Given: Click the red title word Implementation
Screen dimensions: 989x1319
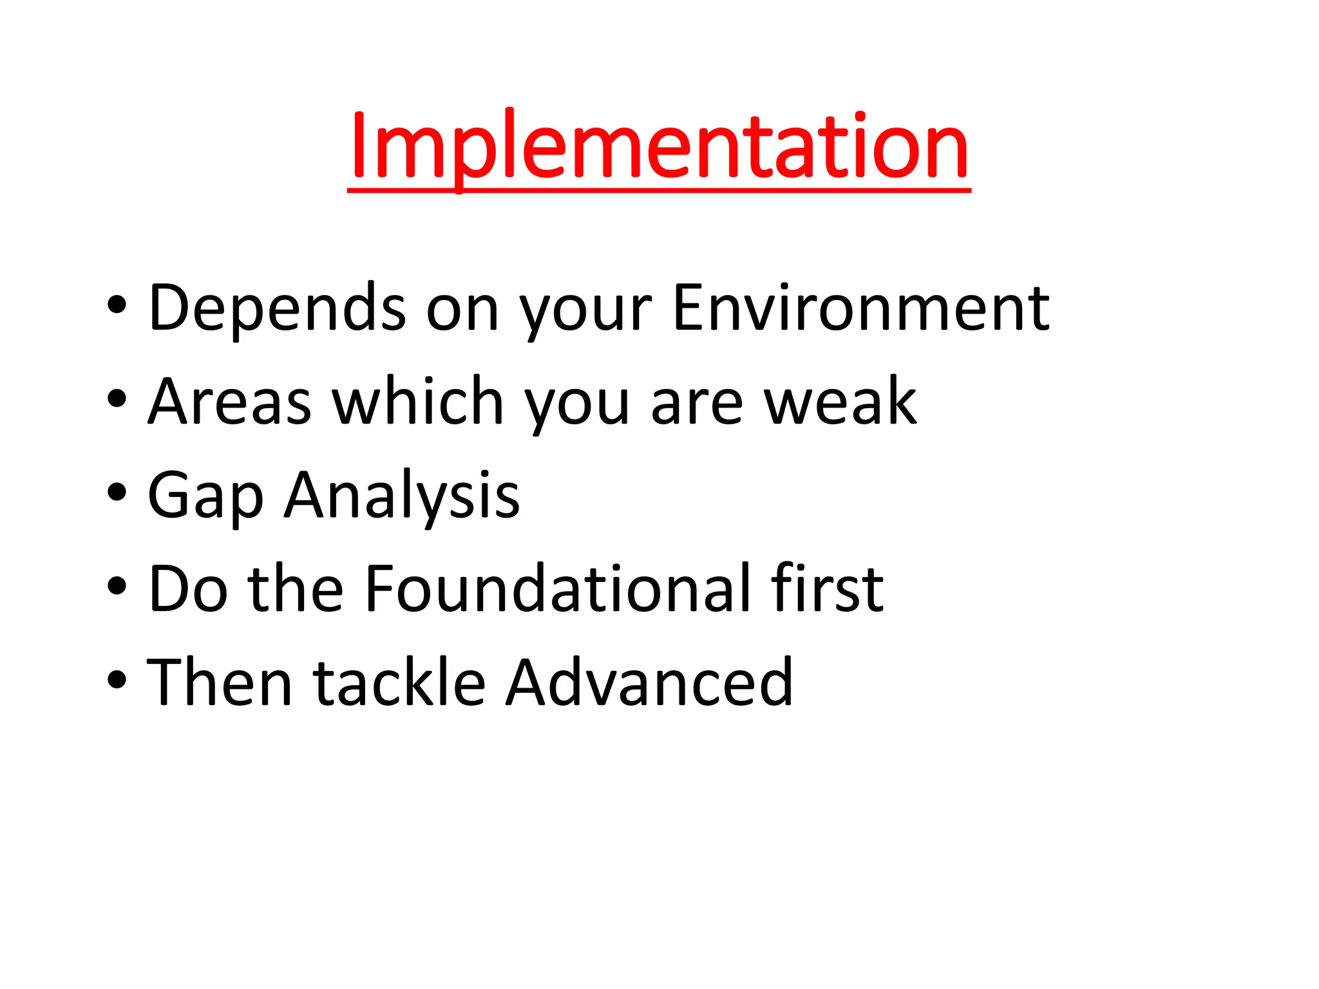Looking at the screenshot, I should click(x=659, y=147).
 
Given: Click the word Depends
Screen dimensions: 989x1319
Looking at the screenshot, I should click(x=277, y=309).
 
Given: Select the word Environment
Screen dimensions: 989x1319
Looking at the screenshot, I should click(x=860, y=309).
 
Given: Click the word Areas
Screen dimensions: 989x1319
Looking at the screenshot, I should click(x=230, y=402).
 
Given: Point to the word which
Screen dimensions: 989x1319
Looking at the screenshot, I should click(x=417, y=402).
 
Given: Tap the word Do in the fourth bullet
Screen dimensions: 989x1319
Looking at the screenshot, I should click(x=187, y=589).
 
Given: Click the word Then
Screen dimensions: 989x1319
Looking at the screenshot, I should click(x=220, y=683).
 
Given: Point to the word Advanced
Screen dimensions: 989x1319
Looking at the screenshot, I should click(x=649, y=683).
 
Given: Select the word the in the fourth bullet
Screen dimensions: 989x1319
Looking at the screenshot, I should click(x=296, y=589).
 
